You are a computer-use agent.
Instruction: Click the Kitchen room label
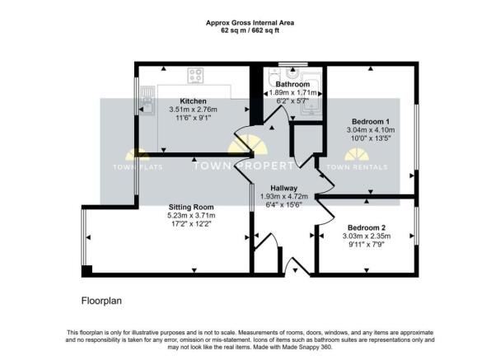[194, 101]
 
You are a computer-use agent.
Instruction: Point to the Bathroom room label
[292, 85]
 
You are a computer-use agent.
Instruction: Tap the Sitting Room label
[192, 207]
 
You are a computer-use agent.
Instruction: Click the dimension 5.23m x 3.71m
[192, 216]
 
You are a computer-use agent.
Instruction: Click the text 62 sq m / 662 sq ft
[250, 30]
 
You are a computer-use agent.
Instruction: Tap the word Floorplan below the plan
[100, 302]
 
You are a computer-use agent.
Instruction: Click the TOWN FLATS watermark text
[138, 167]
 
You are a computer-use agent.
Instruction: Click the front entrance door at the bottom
[292, 266]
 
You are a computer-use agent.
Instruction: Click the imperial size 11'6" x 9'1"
[194, 119]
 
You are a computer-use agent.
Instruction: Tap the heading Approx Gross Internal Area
[250, 22]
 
